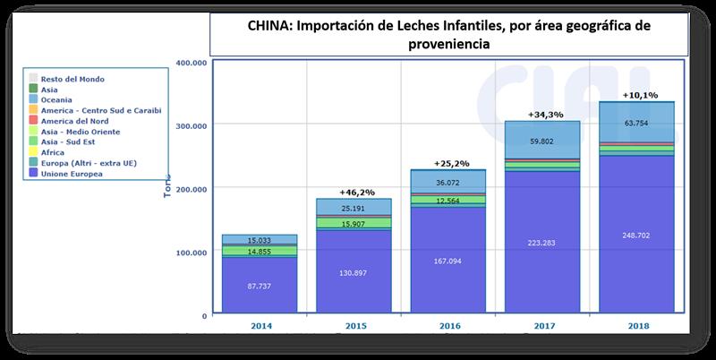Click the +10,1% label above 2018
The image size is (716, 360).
click(x=637, y=94)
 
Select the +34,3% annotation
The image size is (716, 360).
click(x=544, y=115)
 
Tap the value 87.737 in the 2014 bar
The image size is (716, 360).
click(x=260, y=287)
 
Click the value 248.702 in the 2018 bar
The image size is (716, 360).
click(x=636, y=236)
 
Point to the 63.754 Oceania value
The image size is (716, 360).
click(x=636, y=122)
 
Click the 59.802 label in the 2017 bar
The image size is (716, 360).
click(x=544, y=141)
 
